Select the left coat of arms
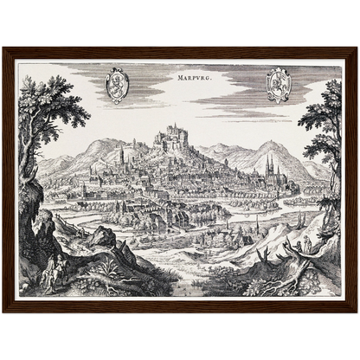tap(117, 85)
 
